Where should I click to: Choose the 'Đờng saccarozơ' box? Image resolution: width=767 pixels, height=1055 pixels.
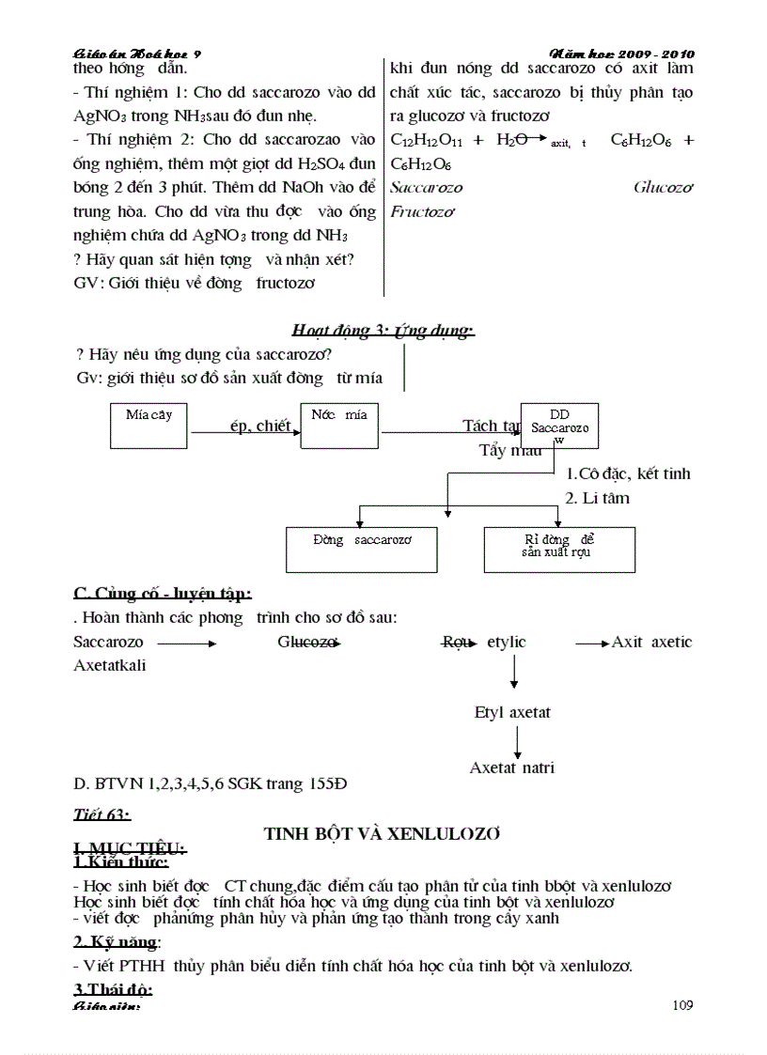click(361, 548)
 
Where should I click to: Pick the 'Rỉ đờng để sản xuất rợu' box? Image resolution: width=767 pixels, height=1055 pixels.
click(558, 548)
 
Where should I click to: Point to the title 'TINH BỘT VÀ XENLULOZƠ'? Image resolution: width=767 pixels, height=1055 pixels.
click(382, 833)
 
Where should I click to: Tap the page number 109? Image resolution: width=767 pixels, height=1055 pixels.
click(683, 1005)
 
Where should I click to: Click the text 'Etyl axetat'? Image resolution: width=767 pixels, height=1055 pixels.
click(512, 712)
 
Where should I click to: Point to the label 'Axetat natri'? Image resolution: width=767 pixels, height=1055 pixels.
click(512, 768)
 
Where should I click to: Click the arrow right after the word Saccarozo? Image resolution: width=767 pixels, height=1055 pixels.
click(187, 644)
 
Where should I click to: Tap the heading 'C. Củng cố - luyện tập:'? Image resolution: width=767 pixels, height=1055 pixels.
click(162, 593)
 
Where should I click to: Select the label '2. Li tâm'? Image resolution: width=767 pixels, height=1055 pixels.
click(597, 498)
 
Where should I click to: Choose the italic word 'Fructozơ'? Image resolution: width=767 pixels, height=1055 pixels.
click(421, 211)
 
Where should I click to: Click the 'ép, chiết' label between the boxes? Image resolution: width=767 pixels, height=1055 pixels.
click(260, 426)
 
